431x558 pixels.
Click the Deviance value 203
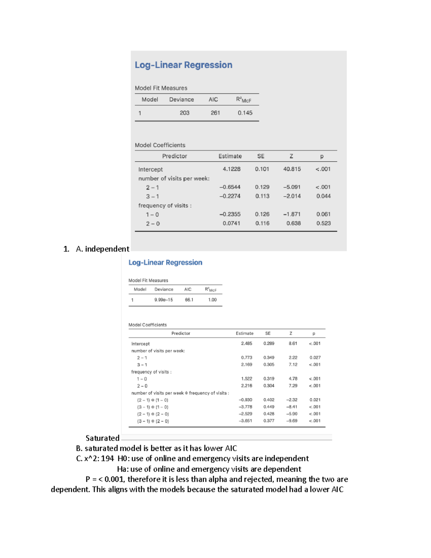tap(184, 113)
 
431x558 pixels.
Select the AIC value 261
tap(215, 113)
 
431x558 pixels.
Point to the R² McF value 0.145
tap(245, 113)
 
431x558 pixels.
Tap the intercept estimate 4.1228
tap(231, 169)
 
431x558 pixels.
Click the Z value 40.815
tap(292, 169)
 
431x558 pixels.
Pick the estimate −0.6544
tap(230, 187)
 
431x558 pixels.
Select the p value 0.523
tap(323, 223)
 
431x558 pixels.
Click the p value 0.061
tap(323, 214)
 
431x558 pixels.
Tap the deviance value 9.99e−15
tap(163, 300)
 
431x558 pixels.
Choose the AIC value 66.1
tap(189, 300)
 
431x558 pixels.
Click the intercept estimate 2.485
tap(246, 343)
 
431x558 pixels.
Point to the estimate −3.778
tap(246, 407)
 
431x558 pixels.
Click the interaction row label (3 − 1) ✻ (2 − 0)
tap(153, 421)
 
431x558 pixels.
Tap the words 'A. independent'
tap(102, 249)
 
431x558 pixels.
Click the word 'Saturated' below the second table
tap(102, 438)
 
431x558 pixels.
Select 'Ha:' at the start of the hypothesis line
tap(123, 469)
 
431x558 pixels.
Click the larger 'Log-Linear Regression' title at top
tap(183, 65)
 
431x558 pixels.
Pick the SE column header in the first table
tap(261, 156)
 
